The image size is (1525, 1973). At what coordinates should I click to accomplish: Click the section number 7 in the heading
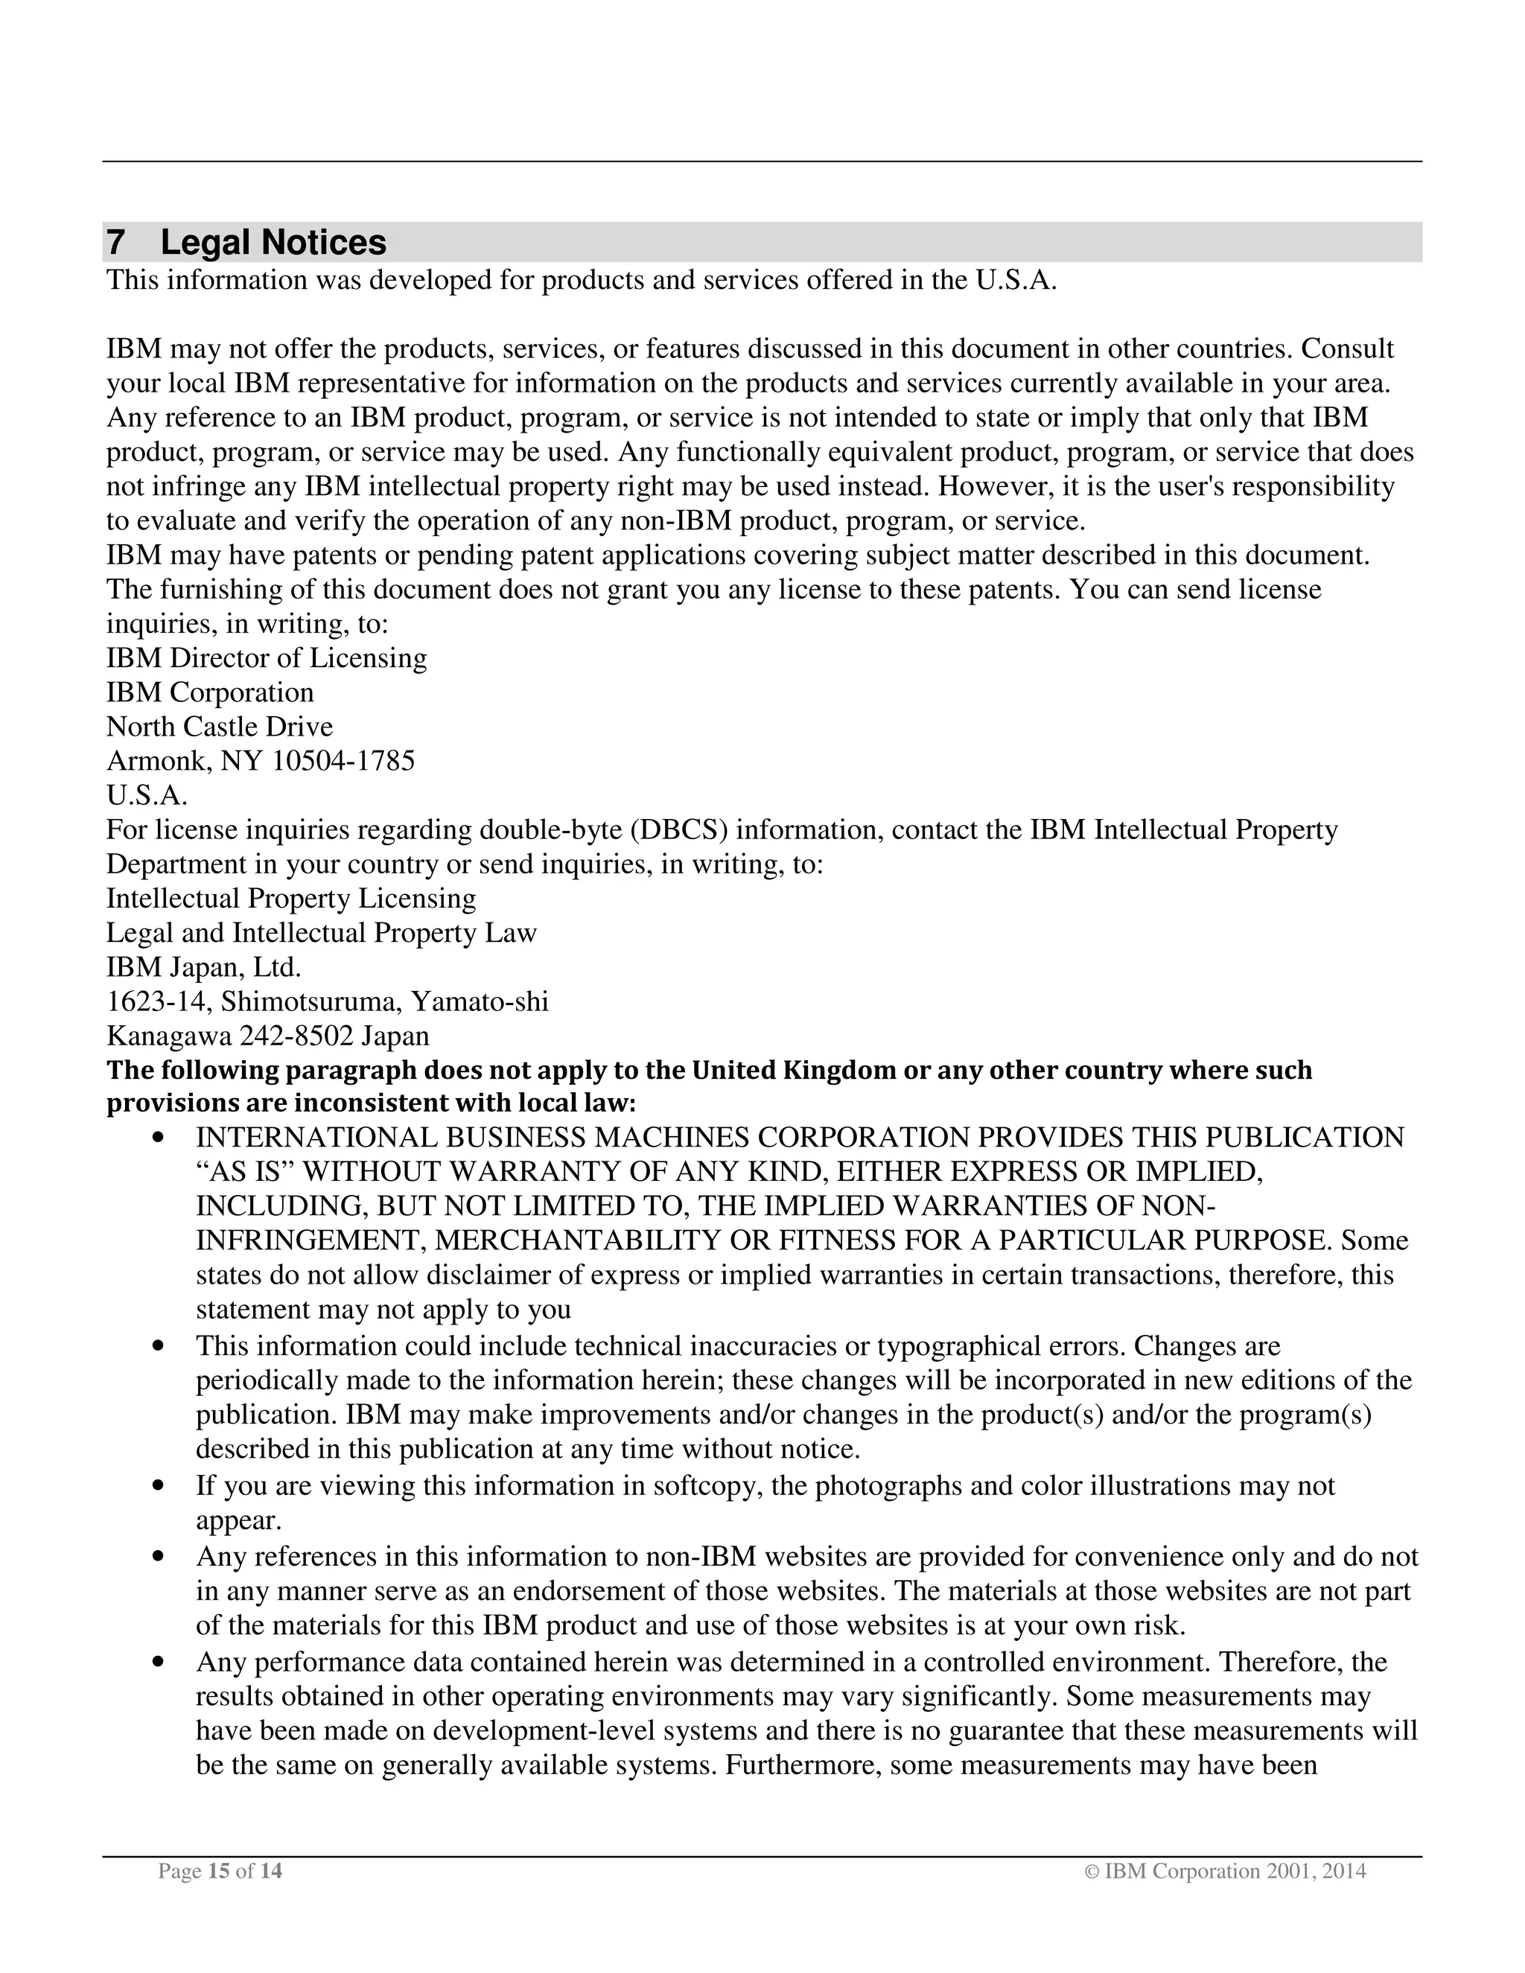115,243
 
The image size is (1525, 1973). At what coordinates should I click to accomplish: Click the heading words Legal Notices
273,243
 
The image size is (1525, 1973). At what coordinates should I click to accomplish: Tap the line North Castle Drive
220,727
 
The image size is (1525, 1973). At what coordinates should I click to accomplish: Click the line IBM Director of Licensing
267,657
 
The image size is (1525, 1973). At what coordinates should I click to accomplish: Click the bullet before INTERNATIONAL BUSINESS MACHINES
159,1138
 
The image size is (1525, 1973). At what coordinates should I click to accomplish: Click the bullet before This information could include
159,1347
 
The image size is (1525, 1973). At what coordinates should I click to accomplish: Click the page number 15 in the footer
217,1871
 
